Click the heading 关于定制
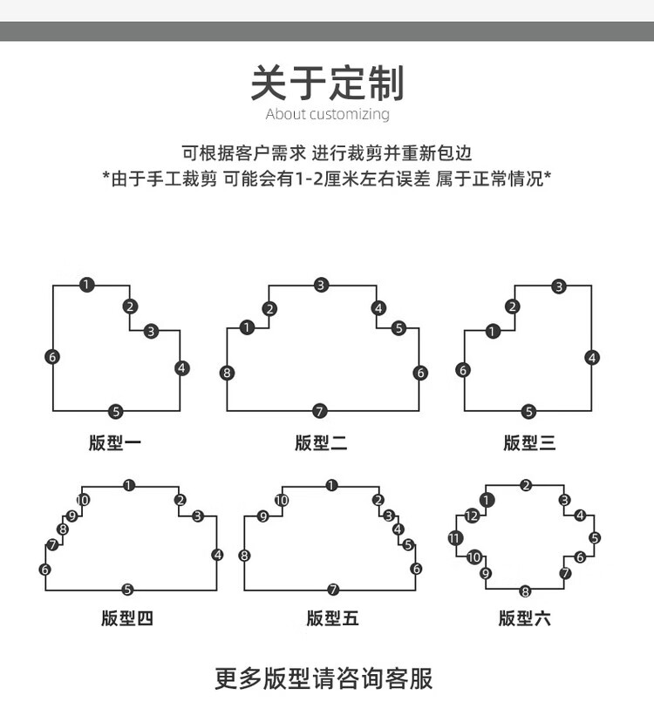(327, 83)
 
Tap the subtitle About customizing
(328, 114)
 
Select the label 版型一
(115, 442)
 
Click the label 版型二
(321, 442)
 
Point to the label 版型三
(529, 442)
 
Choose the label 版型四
(127, 618)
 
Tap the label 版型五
(332, 618)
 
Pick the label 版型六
(525, 618)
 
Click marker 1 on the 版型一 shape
(86, 285)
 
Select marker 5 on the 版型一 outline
(116, 412)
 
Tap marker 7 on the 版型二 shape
(320, 411)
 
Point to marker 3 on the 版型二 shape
(321, 285)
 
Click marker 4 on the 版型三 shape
(592, 358)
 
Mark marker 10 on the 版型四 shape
(83, 500)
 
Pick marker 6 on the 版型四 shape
(44, 570)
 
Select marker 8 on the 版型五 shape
(244, 556)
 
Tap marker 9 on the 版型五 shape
(262, 516)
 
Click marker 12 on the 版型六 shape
(471, 516)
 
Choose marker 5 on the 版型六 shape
(595, 538)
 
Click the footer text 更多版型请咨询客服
(324, 678)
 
